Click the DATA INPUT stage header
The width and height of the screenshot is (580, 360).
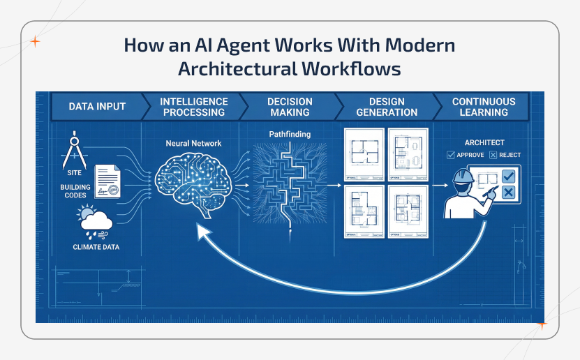[x=97, y=107]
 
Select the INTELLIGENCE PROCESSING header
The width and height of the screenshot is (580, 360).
[x=193, y=107]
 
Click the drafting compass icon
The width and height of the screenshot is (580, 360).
[x=74, y=149]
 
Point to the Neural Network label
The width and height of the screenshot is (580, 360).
[x=193, y=144]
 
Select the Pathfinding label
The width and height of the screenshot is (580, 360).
[x=290, y=133]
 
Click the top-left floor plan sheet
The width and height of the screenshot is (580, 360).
[x=364, y=153]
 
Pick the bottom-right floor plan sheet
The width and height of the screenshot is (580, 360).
[x=407, y=211]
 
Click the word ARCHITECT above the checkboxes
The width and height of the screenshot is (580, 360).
[x=484, y=143]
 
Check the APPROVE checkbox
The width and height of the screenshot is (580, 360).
[x=450, y=155]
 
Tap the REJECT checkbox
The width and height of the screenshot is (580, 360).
[x=493, y=155]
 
